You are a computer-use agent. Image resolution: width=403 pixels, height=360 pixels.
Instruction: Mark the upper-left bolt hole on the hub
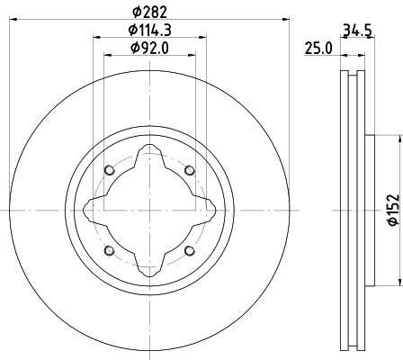click(110, 171)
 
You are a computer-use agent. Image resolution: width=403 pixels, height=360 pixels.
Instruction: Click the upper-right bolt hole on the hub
click(189, 171)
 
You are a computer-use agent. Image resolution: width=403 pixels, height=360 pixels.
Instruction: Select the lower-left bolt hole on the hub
click(110, 250)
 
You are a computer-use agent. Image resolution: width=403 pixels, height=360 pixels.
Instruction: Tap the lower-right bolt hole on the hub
click(189, 250)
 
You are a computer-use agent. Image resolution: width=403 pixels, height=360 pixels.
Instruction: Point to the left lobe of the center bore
click(91, 211)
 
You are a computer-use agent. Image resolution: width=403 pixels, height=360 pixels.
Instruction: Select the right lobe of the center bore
click(208, 211)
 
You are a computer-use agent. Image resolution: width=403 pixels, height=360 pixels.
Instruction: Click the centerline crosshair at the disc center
click(149, 211)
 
